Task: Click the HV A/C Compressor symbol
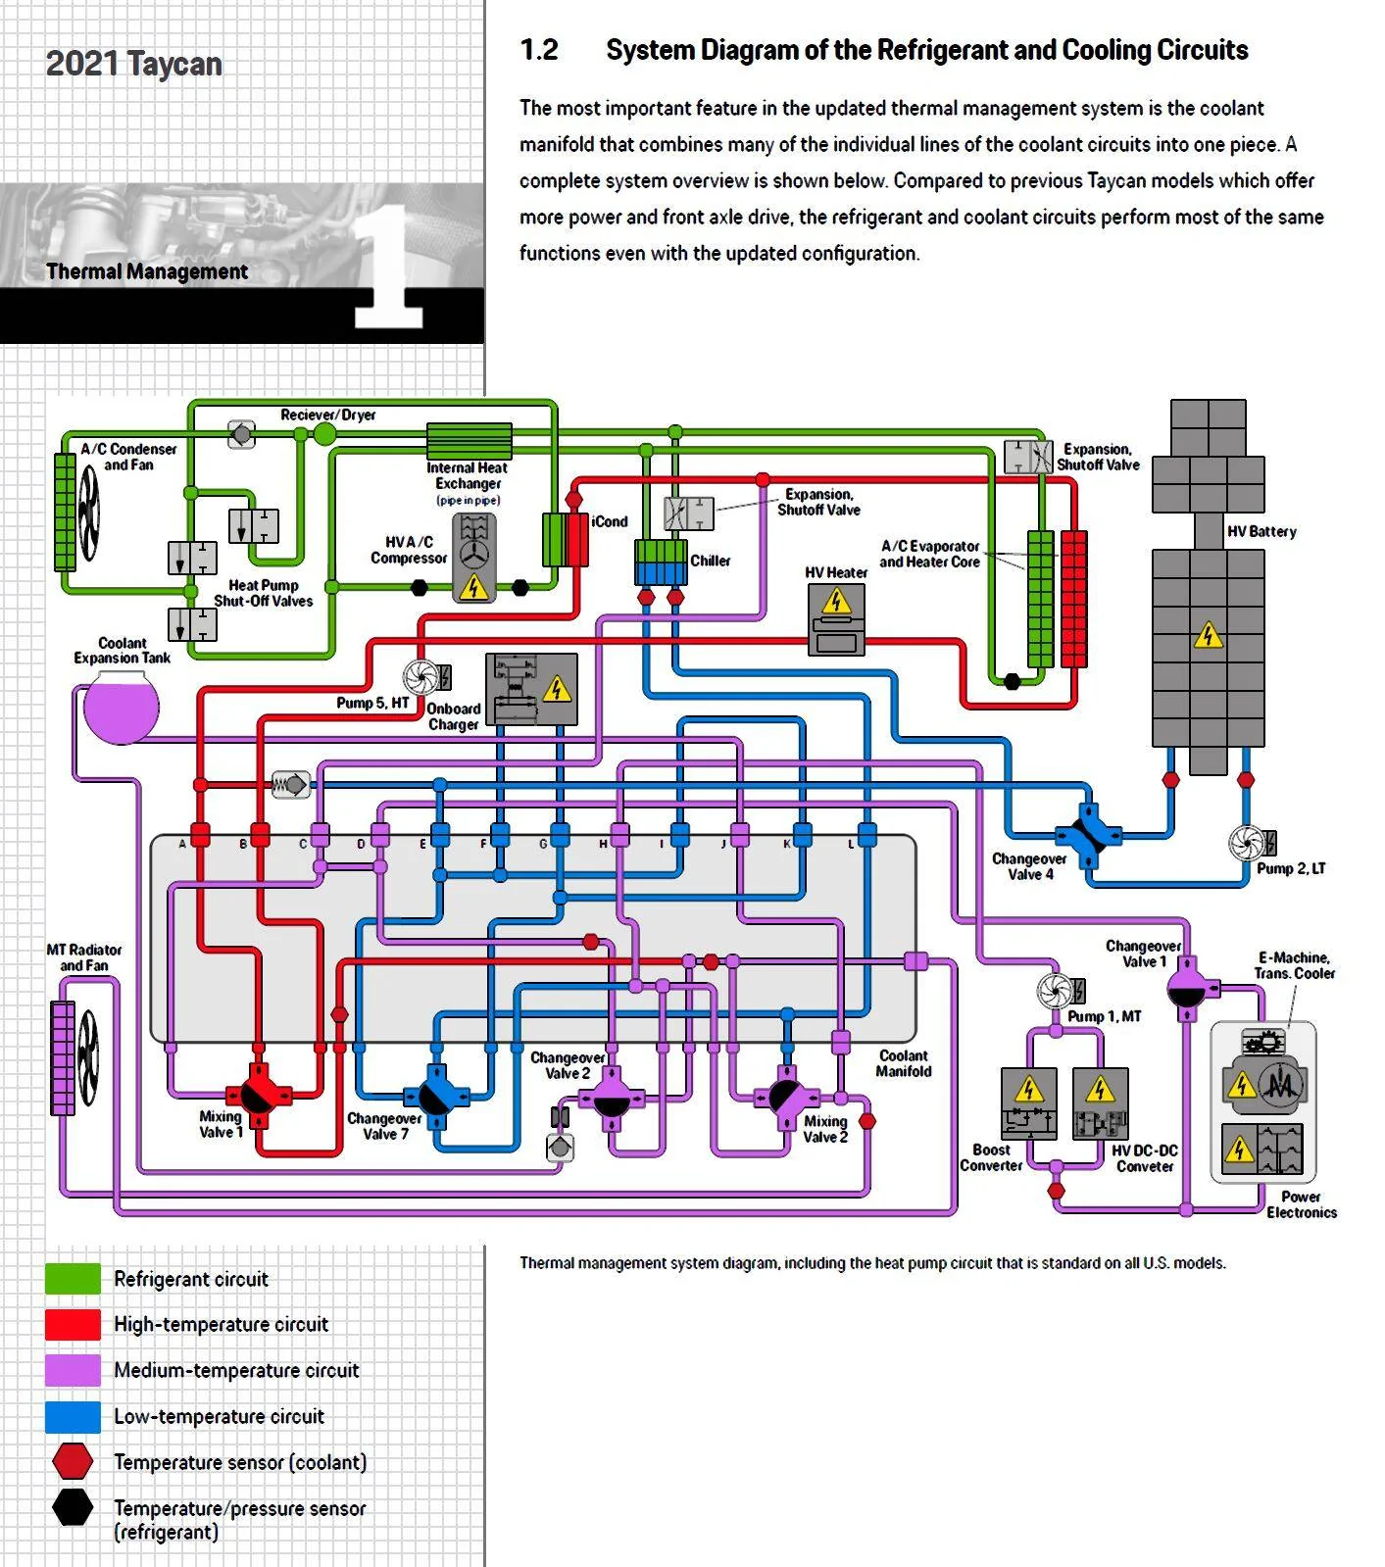tap(473, 558)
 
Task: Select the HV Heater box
tap(836, 619)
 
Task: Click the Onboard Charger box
tap(531, 690)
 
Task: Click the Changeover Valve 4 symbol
tap(1088, 835)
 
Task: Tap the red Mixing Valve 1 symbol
tap(259, 1096)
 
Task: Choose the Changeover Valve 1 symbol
tap(1186, 987)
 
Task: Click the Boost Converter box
tap(1028, 1103)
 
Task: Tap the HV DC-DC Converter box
tap(1101, 1103)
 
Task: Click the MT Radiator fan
tap(88, 1058)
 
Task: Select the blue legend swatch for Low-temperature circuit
tap(73, 1416)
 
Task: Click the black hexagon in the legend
tap(73, 1507)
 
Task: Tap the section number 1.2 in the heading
tap(539, 50)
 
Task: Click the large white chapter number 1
tap(389, 266)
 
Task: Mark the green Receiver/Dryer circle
tap(324, 434)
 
